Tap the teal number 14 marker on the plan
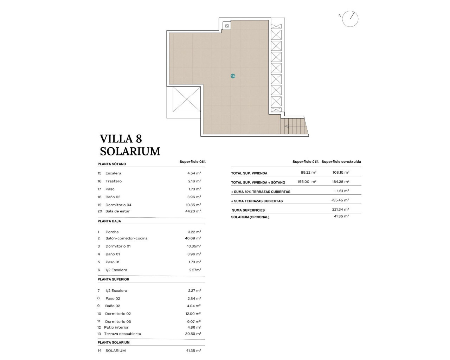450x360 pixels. pyautogui.click(x=233, y=76)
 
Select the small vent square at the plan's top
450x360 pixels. pyautogui.click(x=227, y=26)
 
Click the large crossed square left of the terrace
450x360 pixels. pyautogui.click(x=186, y=99)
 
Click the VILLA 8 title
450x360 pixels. pyautogui.click(x=121, y=139)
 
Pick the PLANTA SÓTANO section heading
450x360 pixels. pyautogui.click(x=112, y=164)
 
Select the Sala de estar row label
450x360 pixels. pyautogui.click(x=117, y=211)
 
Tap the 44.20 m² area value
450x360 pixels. pyautogui.click(x=194, y=211)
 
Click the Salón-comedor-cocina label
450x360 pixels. pyautogui.click(x=126, y=238)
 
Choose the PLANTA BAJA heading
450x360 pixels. pyautogui.click(x=109, y=221)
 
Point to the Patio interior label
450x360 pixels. pyautogui.click(x=116, y=327)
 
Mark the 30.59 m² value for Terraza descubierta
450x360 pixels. pyautogui.click(x=193, y=334)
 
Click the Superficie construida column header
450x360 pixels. pyautogui.click(x=341, y=162)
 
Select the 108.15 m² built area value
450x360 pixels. pyautogui.click(x=341, y=173)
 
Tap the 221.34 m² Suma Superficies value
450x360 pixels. pyautogui.click(x=340, y=210)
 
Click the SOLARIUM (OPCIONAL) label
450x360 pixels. pyautogui.click(x=250, y=217)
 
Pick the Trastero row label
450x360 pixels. pyautogui.click(x=114, y=181)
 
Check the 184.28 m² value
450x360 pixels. pyautogui.click(x=341, y=182)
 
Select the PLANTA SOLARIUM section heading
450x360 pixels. pyautogui.click(x=114, y=342)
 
